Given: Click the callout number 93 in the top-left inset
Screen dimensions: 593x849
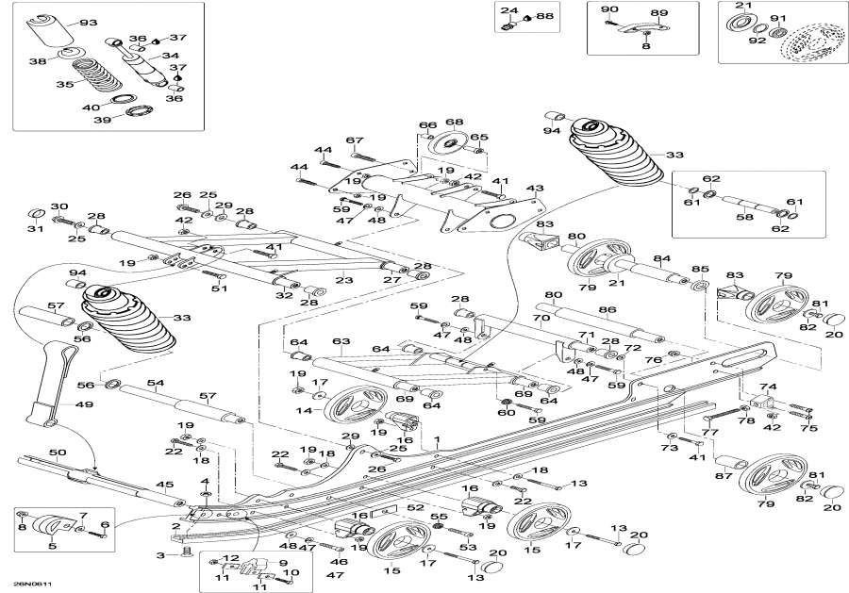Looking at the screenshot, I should pyautogui.click(x=88, y=22).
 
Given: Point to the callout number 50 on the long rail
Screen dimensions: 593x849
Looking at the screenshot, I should pyautogui.click(x=58, y=453).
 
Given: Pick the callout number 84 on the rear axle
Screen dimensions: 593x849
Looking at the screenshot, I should pyautogui.click(x=661, y=258).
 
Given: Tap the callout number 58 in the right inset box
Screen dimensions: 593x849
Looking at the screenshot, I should pyautogui.click(x=745, y=218).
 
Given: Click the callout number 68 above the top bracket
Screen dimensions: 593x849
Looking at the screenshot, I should pyautogui.click(x=454, y=122).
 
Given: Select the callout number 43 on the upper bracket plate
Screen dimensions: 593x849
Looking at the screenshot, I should pyautogui.click(x=535, y=188).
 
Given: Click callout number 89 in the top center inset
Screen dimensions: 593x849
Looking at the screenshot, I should pyautogui.click(x=659, y=13).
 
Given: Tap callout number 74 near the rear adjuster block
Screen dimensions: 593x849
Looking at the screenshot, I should pyautogui.click(x=768, y=387).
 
